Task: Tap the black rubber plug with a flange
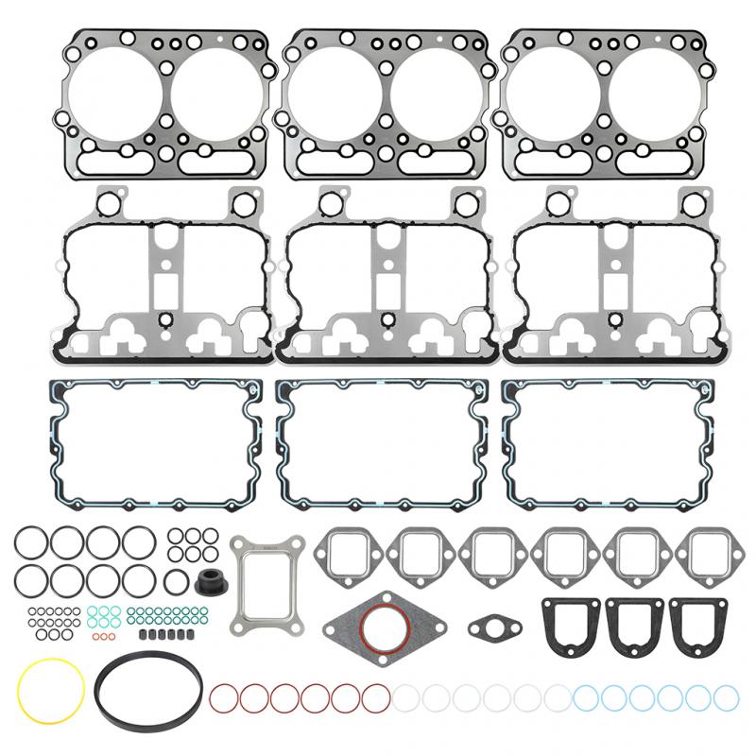209,581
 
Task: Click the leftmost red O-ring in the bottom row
223,698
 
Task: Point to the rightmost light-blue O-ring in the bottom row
726,698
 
